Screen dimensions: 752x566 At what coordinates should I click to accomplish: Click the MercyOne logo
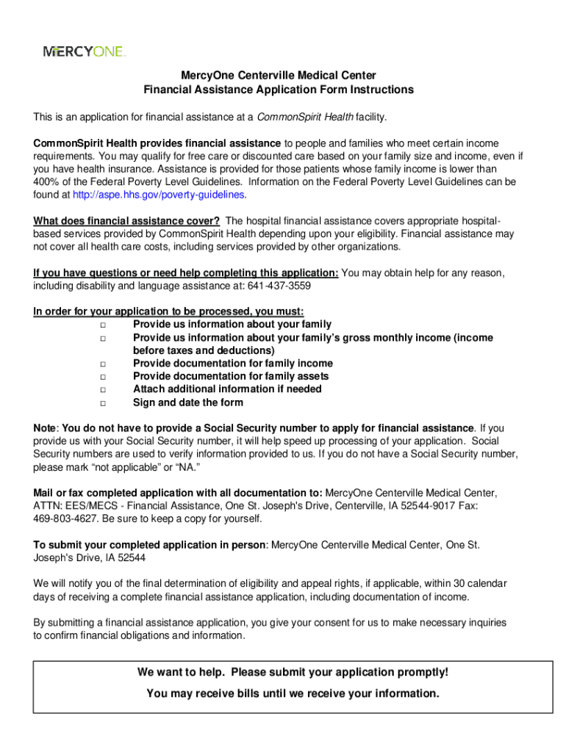tap(85, 51)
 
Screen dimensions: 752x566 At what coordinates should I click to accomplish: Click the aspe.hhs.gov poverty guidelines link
tap(160, 195)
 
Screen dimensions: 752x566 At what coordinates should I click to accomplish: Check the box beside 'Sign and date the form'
tap(103, 402)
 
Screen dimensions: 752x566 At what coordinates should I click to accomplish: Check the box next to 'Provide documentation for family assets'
tap(103, 377)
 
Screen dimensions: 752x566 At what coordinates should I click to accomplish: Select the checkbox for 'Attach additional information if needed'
tap(103, 389)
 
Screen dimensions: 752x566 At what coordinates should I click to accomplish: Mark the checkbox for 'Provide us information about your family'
tap(103, 325)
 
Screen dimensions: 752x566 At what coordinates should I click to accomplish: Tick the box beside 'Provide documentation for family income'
tap(103, 364)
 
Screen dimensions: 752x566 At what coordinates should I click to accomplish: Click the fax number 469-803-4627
tap(64, 518)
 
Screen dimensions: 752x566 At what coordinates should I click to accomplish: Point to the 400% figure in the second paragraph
tap(47, 182)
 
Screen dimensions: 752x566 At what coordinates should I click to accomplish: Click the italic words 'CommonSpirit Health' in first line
tap(305, 117)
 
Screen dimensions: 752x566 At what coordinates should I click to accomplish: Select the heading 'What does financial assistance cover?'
tap(126, 221)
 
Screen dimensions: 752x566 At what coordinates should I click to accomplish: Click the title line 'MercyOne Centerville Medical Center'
tap(279, 76)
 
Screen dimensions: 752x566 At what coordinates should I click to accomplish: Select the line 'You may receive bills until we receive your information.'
tap(293, 694)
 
